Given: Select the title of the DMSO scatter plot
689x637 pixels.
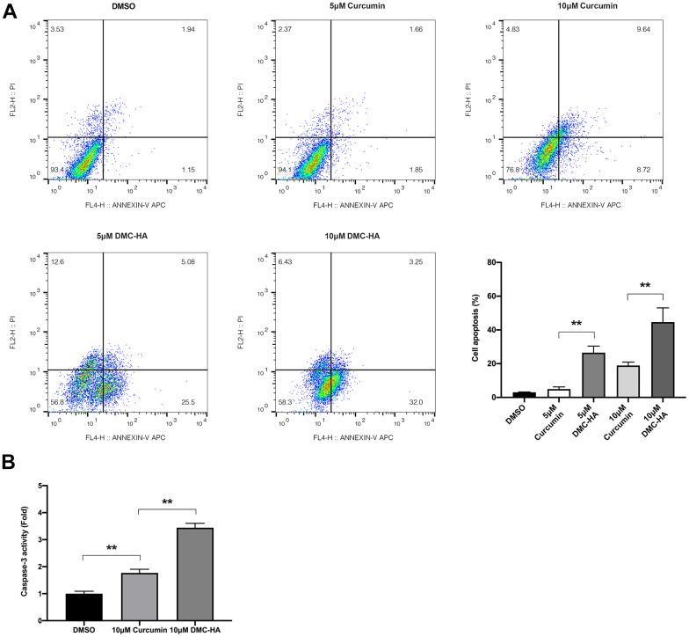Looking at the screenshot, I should tap(104, 8).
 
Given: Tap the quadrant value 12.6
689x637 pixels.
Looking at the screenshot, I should tap(59, 261).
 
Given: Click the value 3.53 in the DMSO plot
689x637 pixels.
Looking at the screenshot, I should tap(59, 30).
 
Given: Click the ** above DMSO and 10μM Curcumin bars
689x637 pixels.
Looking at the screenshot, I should tap(112, 547).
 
